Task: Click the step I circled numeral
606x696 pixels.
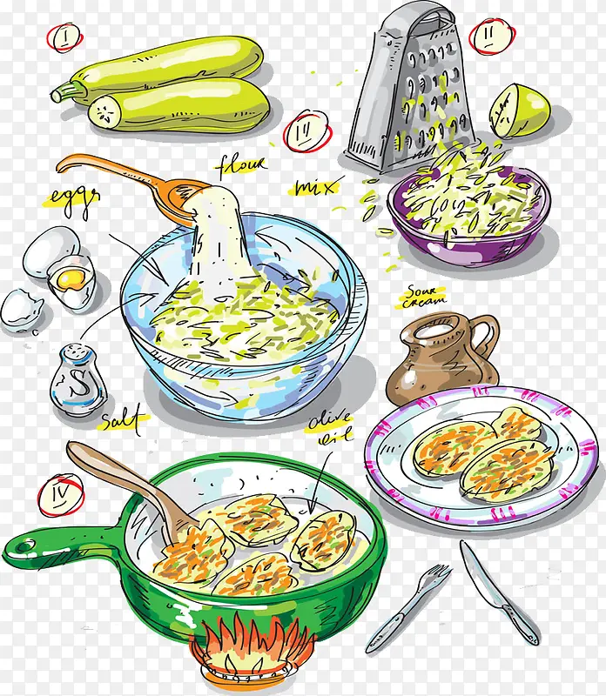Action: tap(64, 37)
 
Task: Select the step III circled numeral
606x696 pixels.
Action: tap(307, 131)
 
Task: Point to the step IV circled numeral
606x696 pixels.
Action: tap(61, 495)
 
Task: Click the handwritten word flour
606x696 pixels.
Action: tap(242, 166)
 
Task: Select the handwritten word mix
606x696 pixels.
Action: tap(317, 187)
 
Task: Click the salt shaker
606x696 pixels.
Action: tap(77, 379)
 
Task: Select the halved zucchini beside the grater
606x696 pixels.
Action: tap(519, 110)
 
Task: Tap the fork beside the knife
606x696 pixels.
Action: tap(407, 608)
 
